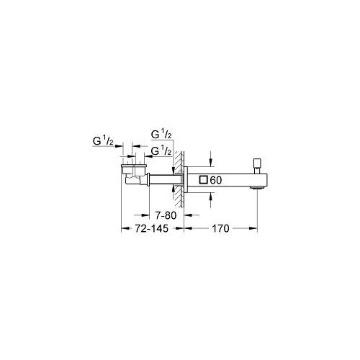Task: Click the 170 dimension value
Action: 220,228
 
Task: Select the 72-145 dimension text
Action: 151,228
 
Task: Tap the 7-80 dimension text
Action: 166,215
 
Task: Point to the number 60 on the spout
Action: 216,180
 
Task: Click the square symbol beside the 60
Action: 203,180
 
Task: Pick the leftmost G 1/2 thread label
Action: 103,141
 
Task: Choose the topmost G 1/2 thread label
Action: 161,134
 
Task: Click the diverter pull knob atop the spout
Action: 257,164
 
